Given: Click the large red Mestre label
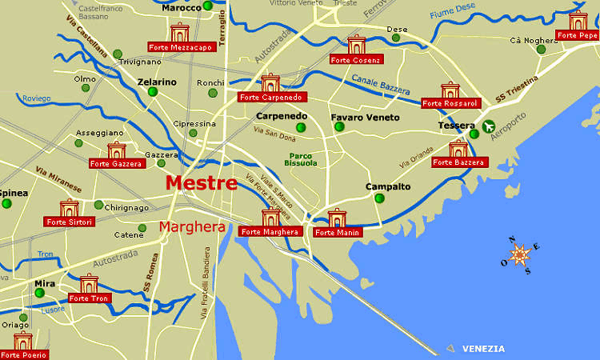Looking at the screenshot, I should [201, 183].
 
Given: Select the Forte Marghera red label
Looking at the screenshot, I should [270, 232].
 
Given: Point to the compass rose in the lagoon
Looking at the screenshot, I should [520, 255].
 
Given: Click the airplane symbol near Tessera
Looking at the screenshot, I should [489, 126].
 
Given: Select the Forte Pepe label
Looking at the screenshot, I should [578, 35].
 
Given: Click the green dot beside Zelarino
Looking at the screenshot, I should [153, 92].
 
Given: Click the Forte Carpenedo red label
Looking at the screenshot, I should [270, 98].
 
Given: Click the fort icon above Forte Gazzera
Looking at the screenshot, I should [117, 150].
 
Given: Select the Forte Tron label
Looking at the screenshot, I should [89, 298].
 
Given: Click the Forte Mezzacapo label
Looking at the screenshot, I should [181, 47].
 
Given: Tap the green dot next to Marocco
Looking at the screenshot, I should [207, 6].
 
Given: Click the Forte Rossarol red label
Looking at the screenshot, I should [450, 103].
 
